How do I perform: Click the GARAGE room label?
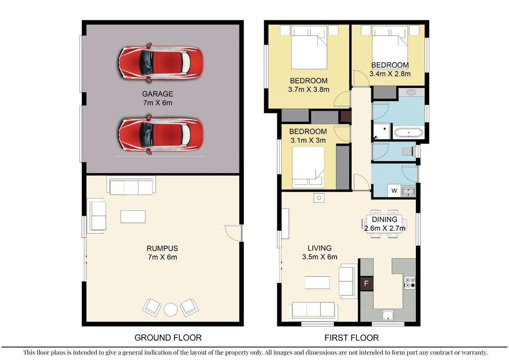[158, 94]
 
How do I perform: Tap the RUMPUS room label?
[162, 248]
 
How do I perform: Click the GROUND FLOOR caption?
[168, 337]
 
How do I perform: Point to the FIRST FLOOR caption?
[351, 337]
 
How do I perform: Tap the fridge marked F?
[366, 283]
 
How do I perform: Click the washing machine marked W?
[394, 190]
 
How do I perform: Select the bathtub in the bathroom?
[409, 132]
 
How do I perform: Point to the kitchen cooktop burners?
[410, 283]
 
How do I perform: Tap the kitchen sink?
[388, 315]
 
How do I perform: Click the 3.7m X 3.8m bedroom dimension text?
[309, 90]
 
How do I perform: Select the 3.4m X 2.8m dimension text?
[390, 74]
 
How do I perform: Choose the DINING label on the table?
[385, 220]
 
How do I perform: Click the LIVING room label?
[320, 248]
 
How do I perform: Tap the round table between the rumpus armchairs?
[171, 309]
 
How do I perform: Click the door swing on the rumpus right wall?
[234, 233]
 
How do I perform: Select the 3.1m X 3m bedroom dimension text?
[308, 140]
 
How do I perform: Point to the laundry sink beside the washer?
[408, 191]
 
